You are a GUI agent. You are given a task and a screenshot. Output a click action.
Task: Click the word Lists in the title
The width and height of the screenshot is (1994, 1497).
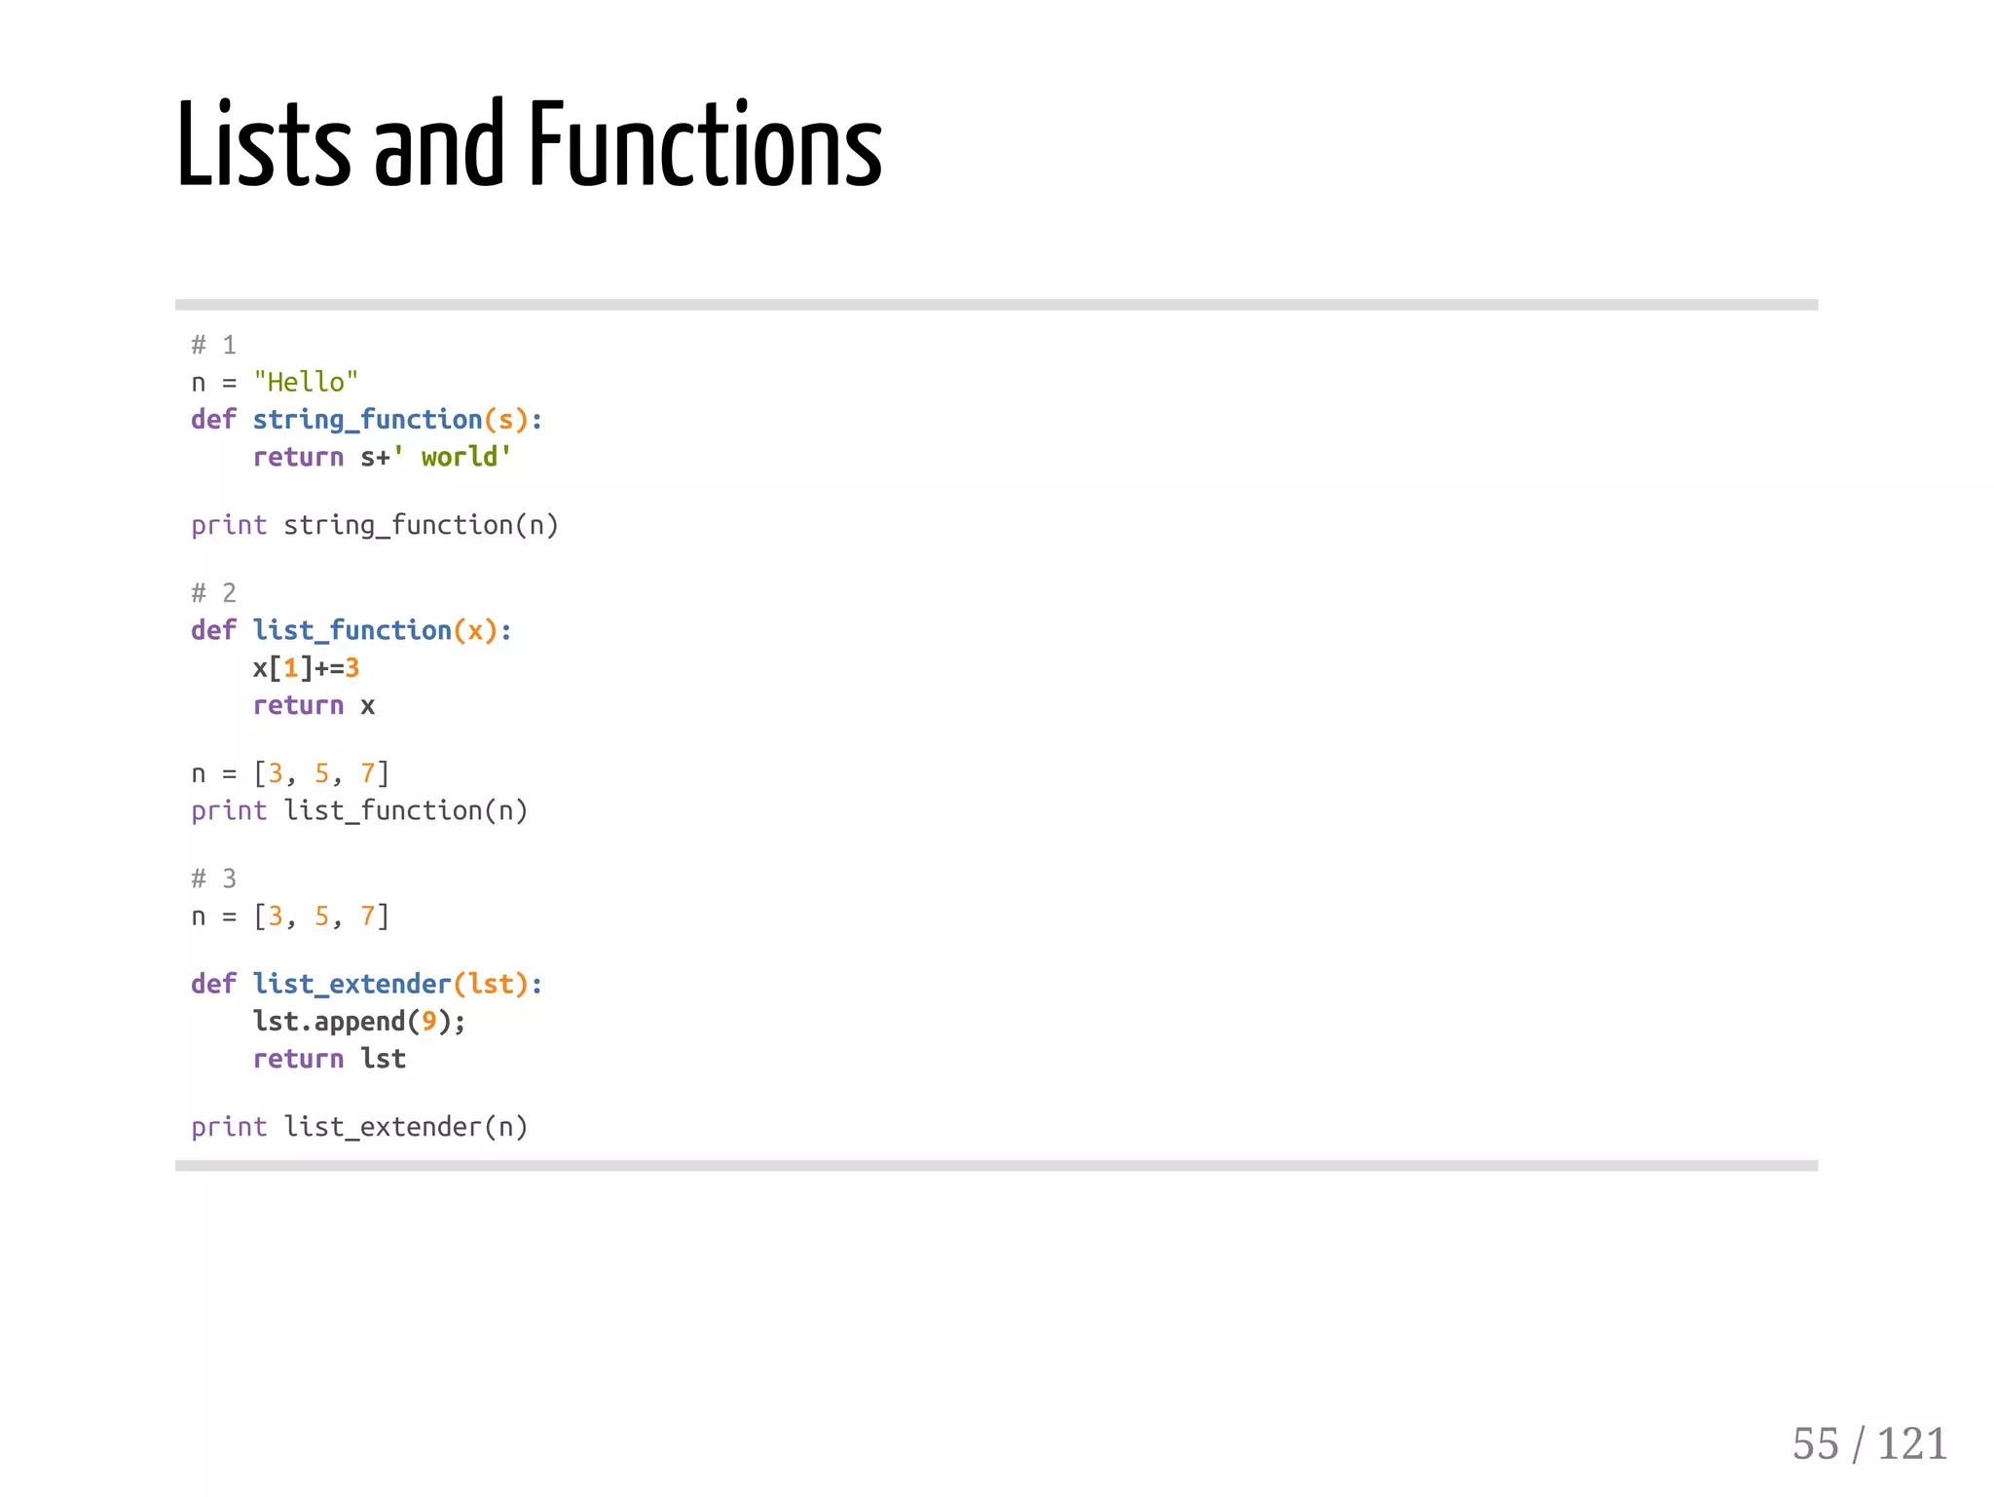(263, 146)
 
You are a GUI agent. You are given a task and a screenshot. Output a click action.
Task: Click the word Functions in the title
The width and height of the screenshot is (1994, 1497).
(705, 146)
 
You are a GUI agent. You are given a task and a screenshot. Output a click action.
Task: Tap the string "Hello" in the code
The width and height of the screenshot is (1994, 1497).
(306, 382)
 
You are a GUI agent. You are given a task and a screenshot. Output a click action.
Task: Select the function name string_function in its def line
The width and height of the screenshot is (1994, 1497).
(367, 420)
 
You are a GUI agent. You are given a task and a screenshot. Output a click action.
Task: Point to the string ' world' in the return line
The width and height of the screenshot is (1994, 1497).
(452, 457)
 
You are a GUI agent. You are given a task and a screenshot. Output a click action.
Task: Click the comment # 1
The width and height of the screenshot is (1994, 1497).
(213, 345)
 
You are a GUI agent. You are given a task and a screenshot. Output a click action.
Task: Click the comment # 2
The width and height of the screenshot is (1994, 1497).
(213, 592)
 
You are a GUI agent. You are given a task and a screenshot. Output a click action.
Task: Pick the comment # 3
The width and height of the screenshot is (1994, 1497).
(213, 879)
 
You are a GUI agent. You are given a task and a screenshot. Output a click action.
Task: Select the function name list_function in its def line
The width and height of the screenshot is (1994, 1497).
(351, 630)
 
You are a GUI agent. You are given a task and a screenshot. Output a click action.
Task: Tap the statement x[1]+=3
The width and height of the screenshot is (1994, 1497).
(306, 668)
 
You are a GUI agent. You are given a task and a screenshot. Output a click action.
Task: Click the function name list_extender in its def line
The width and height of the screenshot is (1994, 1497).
(351, 984)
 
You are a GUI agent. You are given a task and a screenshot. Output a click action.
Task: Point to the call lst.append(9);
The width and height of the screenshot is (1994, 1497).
(359, 1022)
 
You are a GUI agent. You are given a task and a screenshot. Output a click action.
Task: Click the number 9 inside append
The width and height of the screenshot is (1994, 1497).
(428, 1022)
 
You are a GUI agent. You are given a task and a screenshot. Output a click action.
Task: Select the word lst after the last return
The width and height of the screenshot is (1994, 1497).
(383, 1059)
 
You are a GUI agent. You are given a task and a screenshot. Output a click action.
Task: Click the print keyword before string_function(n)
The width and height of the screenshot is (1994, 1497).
(229, 525)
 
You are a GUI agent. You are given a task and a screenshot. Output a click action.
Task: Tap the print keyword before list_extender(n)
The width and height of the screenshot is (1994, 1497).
(229, 1127)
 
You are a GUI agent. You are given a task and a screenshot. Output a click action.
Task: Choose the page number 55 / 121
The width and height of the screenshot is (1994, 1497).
(1868, 1443)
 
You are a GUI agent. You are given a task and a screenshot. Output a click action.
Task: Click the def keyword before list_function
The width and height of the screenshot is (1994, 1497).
(213, 630)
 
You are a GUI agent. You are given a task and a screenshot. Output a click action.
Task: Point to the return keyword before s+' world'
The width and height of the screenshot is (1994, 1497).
(298, 457)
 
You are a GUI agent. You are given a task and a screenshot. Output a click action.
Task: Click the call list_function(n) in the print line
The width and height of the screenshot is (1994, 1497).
(405, 810)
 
